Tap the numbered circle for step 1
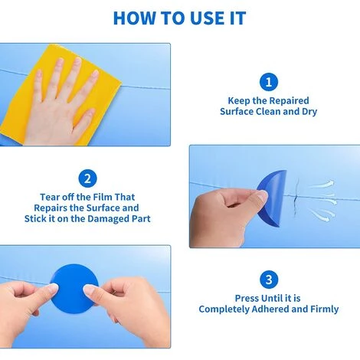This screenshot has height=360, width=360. point(269,82)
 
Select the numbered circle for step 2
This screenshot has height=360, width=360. point(87,178)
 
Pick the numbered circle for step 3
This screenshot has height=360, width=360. point(269,280)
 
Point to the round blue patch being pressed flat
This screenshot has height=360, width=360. point(74,289)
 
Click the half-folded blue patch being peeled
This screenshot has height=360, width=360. point(272,198)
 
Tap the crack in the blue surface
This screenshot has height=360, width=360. point(296,198)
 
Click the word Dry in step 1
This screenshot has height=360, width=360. point(309,112)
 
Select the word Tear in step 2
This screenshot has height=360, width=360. point(49,197)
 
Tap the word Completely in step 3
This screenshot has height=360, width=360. point(224,309)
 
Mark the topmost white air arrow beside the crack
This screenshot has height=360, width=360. point(322,185)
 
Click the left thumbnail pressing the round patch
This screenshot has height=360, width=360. point(54,288)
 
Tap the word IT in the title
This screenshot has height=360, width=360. point(237,18)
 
